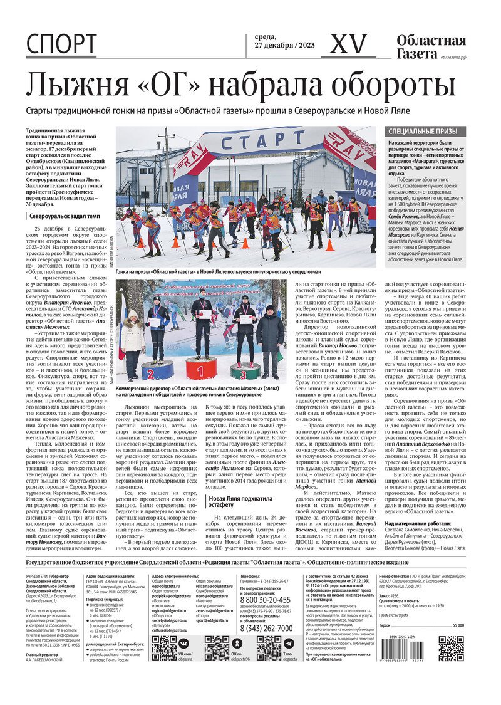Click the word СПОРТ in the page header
coord(61,43)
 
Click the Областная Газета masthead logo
coord(431,47)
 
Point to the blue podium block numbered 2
coord(158,370)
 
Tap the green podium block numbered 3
coord(245,371)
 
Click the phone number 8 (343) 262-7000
coord(266,627)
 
